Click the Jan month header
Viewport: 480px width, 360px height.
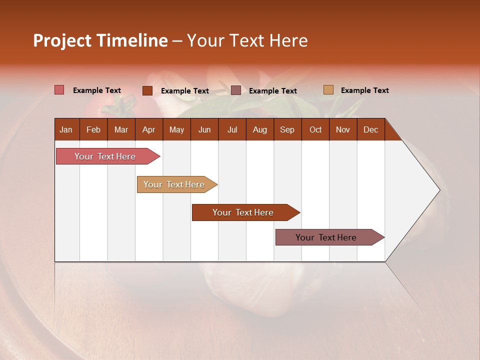(66, 129)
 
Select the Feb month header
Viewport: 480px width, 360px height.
(93, 129)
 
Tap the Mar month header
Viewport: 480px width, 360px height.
(121, 129)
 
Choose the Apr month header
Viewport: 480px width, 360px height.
(149, 129)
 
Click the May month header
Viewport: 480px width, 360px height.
(176, 129)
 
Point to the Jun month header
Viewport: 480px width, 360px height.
(204, 129)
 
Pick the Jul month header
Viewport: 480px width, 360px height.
(232, 129)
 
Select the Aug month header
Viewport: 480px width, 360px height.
(259, 129)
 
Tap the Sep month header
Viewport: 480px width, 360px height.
(287, 129)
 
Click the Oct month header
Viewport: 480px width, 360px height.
(315, 129)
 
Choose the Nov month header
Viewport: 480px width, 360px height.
(343, 129)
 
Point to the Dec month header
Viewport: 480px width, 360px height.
(370, 129)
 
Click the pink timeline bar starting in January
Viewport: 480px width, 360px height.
(105, 156)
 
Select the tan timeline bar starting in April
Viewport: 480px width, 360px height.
(174, 184)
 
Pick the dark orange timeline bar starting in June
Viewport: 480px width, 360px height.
(243, 212)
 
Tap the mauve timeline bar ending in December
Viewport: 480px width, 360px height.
(326, 237)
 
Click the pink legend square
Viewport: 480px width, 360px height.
(59, 90)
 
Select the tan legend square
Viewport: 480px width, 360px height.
(328, 90)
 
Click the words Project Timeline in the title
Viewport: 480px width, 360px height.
(100, 40)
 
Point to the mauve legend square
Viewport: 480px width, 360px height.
(236, 90)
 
